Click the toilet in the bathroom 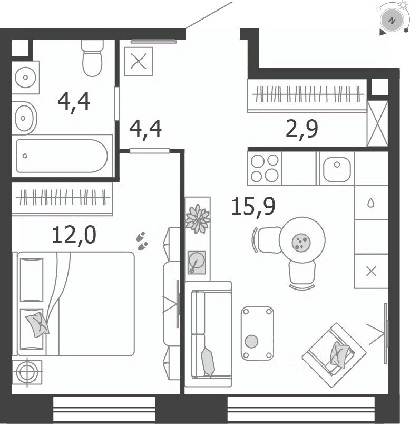(x=92, y=58)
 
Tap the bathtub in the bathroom (x=62, y=156)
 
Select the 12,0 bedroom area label (x=74, y=235)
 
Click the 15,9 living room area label (x=253, y=206)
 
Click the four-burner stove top (x=265, y=168)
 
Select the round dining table (x=302, y=239)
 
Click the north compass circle (x=392, y=21)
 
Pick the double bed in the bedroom (x=74, y=304)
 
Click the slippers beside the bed (x=142, y=240)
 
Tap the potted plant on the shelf (x=198, y=218)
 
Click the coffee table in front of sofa (x=257, y=333)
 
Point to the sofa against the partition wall (x=208, y=334)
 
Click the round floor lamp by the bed (x=27, y=372)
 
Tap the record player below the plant (x=197, y=262)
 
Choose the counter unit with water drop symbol (x=371, y=203)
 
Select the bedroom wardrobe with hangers (x=62, y=199)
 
